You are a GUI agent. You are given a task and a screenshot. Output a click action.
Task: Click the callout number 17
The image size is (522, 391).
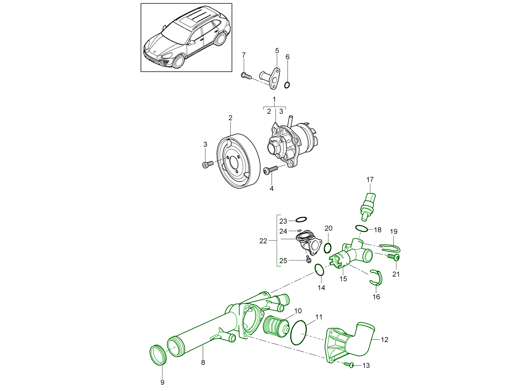pos(370,180)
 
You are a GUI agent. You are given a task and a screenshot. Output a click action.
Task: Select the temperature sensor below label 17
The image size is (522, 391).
pos(368,205)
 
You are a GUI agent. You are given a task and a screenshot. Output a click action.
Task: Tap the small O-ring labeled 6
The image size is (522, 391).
pos(287,85)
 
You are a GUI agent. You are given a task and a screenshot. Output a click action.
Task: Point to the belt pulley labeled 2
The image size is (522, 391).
pos(238,161)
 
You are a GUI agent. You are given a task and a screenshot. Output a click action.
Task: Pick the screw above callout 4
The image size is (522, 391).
pos(270,170)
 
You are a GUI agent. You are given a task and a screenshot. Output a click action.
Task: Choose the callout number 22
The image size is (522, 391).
pos(263,241)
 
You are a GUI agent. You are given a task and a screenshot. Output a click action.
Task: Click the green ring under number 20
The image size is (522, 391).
pos(328,248)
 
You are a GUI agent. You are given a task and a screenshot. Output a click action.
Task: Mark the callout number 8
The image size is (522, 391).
pos(203,362)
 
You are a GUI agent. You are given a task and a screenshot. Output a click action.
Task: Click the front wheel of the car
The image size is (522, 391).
pos(179,62)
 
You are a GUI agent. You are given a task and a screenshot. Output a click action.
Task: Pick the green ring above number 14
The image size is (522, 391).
pos(319,269)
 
